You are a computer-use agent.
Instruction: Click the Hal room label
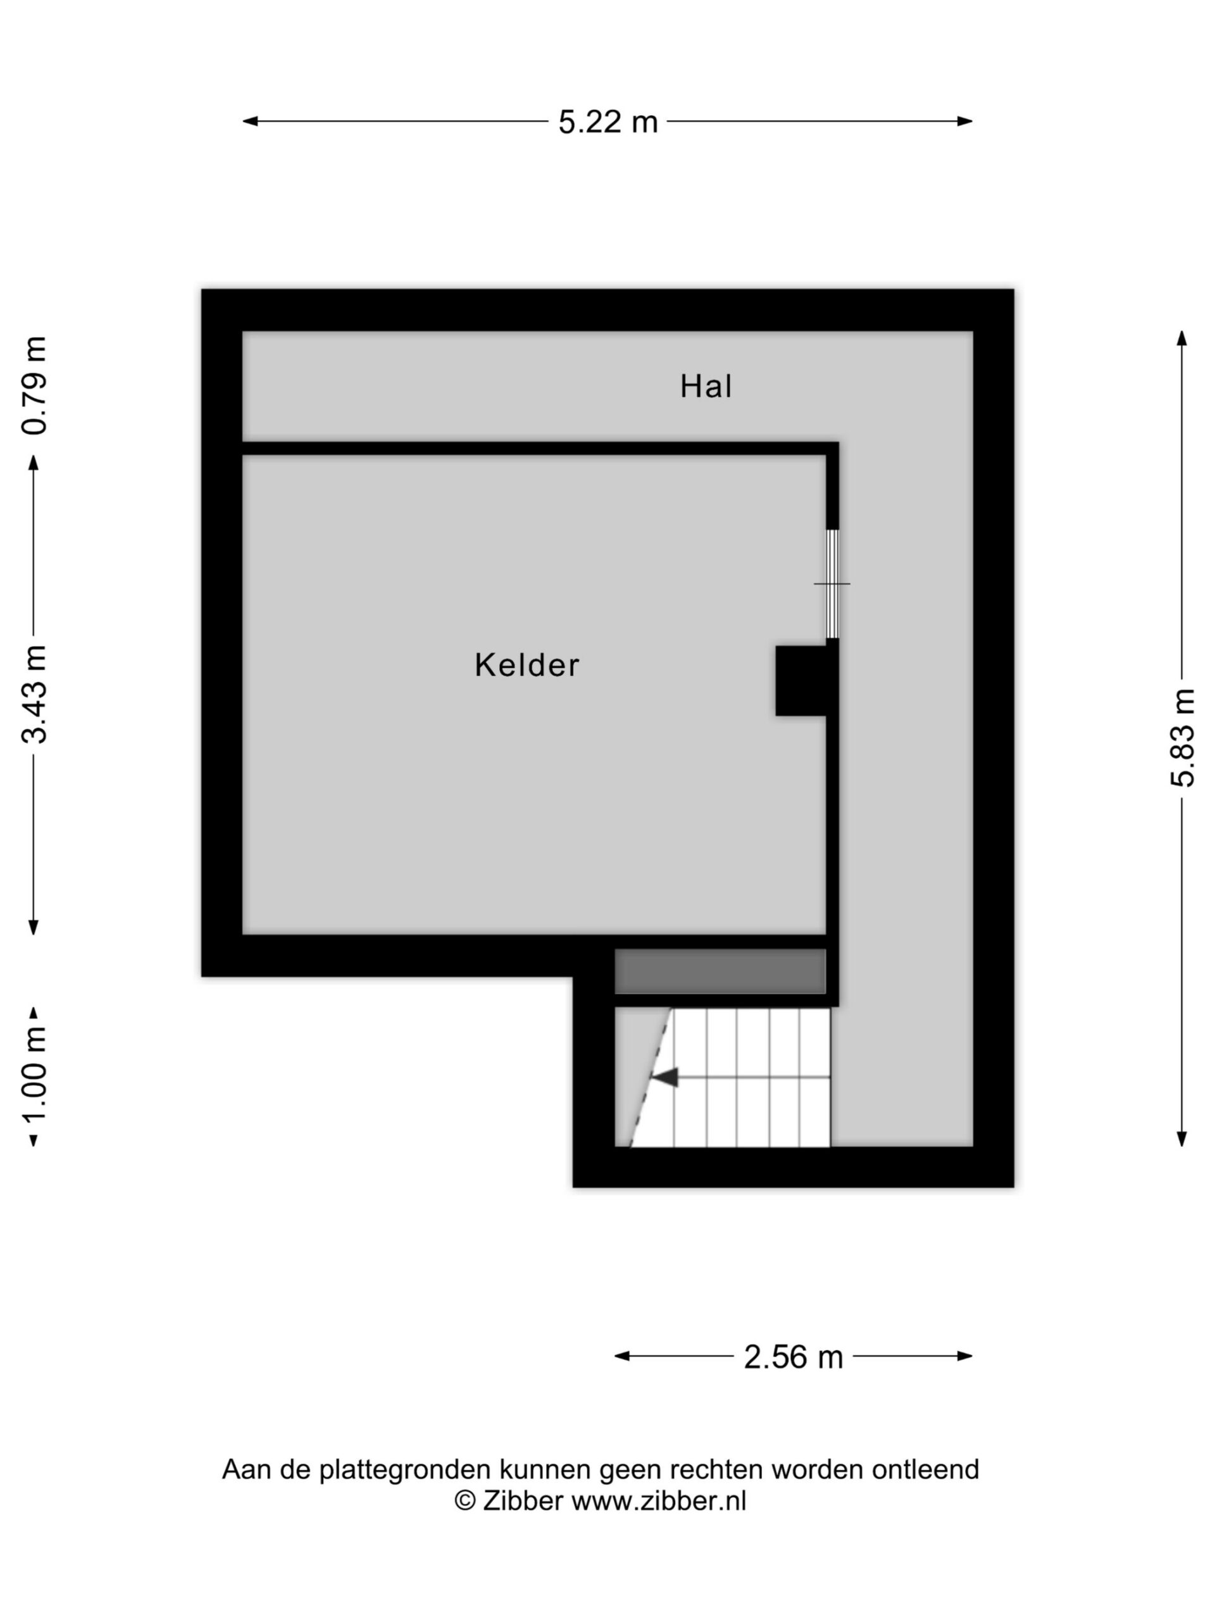point(706,386)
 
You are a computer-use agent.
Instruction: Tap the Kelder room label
point(526,665)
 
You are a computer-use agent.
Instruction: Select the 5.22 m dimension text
point(608,121)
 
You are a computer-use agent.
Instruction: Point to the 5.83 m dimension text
point(1182,737)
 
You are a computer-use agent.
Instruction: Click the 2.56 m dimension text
point(793,1357)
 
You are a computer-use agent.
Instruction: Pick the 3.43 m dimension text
point(34,694)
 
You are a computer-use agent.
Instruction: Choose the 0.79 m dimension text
point(34,385)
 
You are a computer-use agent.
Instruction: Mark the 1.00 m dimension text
point(34,1076)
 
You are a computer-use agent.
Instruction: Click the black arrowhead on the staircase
point(665,1077)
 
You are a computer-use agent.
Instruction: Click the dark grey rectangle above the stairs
point(720,971)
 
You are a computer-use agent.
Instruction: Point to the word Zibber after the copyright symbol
point(522,1500)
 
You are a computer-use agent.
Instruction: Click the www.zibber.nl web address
point(658,1500)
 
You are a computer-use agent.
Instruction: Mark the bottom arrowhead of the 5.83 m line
point(1181,1139)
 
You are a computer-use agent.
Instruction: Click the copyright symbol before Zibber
point(465,1500)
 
